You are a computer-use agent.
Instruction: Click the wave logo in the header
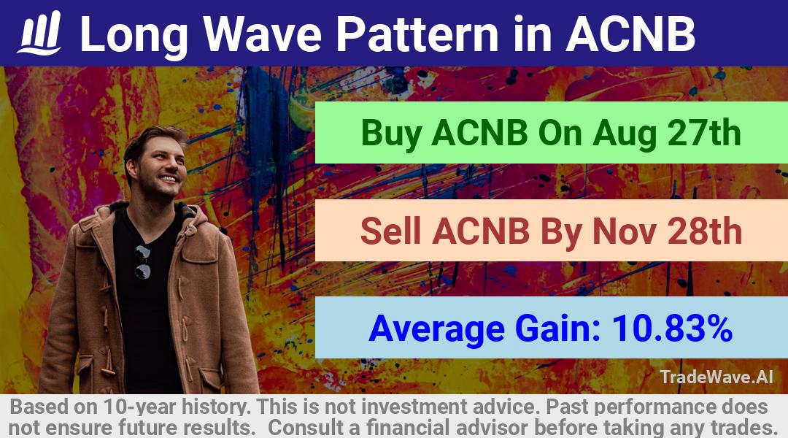point(39,33)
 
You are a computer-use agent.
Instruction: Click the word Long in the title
point(134,34)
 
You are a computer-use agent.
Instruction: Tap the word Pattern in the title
point(417,34)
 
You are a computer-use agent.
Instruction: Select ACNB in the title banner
point(630,34)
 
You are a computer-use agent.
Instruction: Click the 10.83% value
point(672,328)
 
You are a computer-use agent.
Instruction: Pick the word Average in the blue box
point(437,329)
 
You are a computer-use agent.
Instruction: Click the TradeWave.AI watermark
point(716,377)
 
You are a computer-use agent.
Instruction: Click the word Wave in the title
point(263,34)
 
